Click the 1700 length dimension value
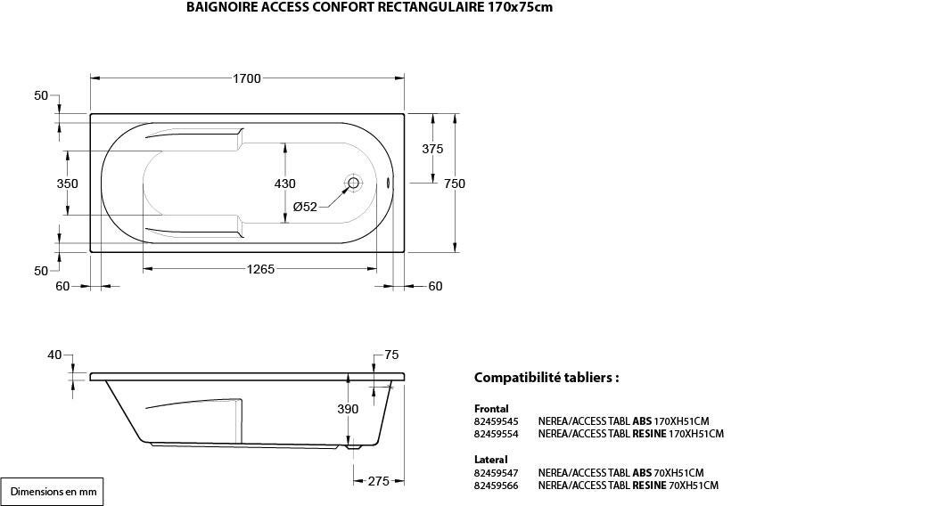coord(247,78)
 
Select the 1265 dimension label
coord(259,269)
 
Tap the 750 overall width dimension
coord(455,184)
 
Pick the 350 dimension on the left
coord(68,184)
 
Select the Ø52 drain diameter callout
coord(305,207)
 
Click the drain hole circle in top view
coord(353,184)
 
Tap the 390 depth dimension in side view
coord(348,409)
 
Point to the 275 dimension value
coord(379,481)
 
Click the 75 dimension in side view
coord(391,355)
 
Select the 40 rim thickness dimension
coord(55,355)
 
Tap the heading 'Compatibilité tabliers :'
coord(546,378)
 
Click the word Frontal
coord(492,408)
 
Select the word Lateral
coord(491,460)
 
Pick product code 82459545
coord(496,420)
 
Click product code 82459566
coord(496,486)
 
